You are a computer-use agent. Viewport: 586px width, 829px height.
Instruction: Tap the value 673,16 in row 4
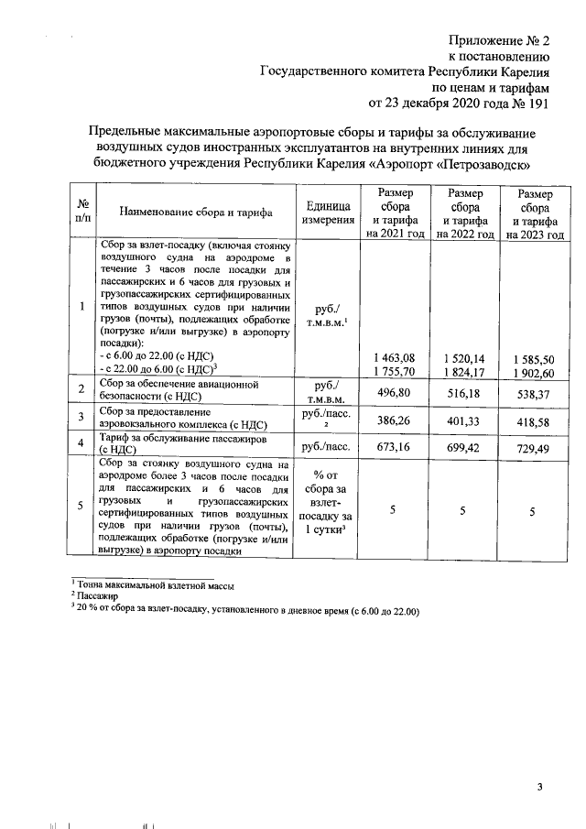tap(391, 446)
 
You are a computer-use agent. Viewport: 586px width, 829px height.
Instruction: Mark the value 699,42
tap(466, 446)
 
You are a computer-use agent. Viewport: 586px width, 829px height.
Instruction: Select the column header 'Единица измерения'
tap(327, 213)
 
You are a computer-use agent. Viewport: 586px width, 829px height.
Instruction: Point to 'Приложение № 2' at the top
tap(500, 42)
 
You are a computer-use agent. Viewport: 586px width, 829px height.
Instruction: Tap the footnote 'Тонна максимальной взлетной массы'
tap(155, 585)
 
